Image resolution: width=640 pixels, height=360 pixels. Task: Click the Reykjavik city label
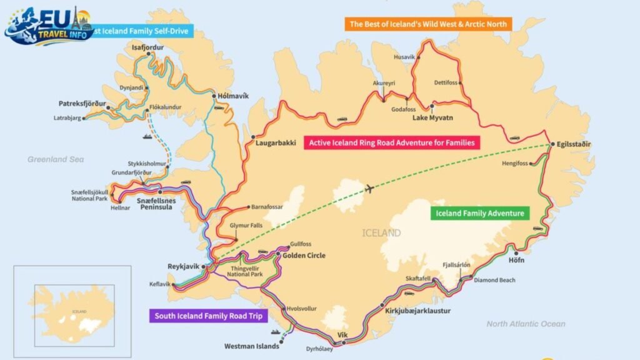[183, 266]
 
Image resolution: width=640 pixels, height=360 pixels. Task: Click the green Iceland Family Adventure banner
[480, 213]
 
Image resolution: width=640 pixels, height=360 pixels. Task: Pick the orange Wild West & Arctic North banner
[428, 24]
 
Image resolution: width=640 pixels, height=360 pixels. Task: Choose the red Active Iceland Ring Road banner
[392, 142]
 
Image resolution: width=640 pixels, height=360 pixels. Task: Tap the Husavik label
[404, 57]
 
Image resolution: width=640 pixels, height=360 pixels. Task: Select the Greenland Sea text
[55, 159]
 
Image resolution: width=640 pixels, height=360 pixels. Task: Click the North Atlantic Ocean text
[526, 324]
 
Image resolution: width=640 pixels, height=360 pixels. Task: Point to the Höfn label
[517, 260]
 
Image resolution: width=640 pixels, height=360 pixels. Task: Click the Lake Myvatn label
[432, 117]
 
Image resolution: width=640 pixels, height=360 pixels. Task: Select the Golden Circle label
[304, 255]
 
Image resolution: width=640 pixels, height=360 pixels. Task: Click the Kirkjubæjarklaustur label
[417, 311]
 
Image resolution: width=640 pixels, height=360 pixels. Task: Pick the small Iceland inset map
[72, 306]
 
